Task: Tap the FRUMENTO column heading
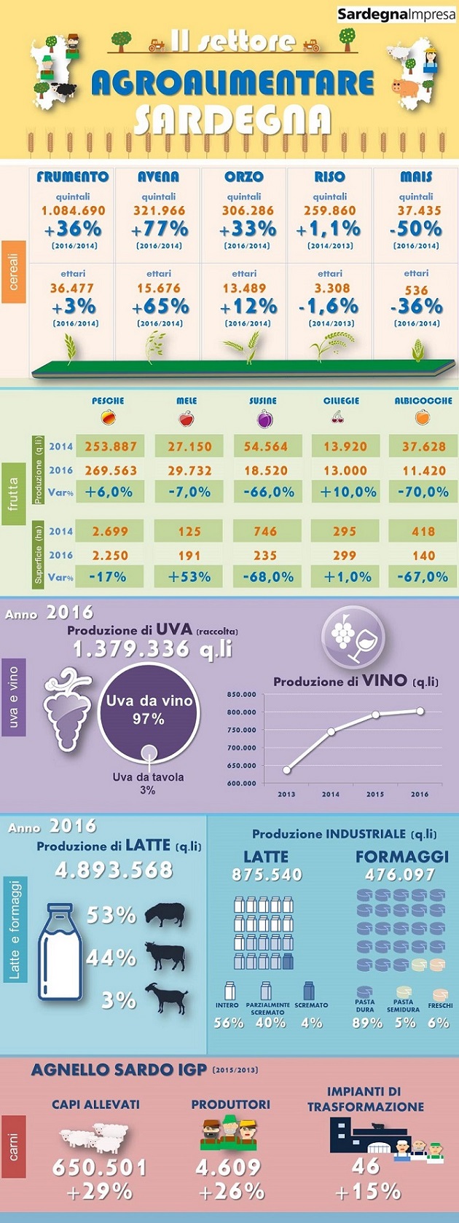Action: [x=73, y=177]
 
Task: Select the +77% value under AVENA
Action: [x=159, y=229]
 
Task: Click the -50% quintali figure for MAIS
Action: [x=416, y=229]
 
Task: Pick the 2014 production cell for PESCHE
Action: [x=110, y=447]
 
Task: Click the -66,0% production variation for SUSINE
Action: [x=266, y=492]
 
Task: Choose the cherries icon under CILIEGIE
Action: [x=338, y=418]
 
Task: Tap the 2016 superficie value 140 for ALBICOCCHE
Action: [x=423, y=555]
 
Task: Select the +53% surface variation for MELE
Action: [x=189, y=577]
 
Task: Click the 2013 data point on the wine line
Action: [x=287, y=770]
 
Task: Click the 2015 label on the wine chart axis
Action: [x=375, y=794]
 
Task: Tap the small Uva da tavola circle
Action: [x=149, y=752]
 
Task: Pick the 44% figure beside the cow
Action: [x=111, y=957]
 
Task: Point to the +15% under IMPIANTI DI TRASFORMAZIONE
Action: [x=367, y=1192]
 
